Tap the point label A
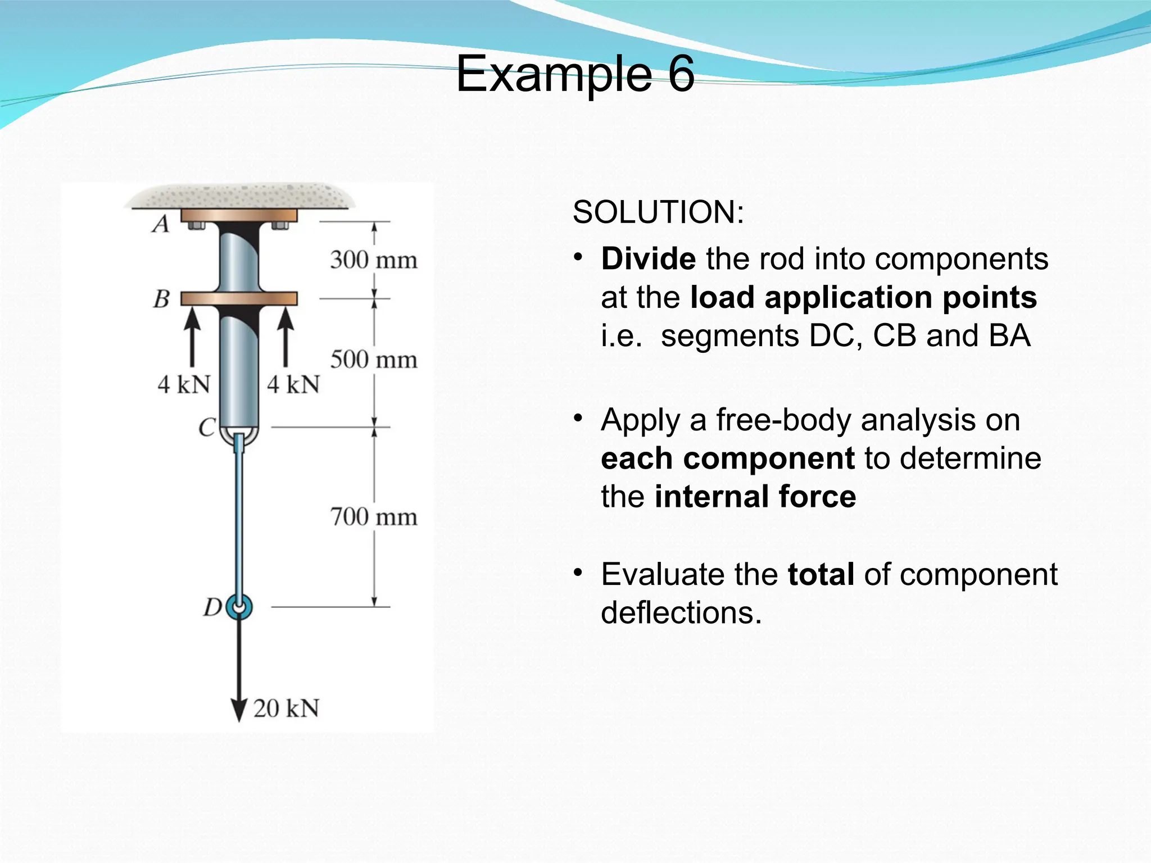coord(161,224)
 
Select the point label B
coord(162,299)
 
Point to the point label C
coord(207,428)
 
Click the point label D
coord(213,607)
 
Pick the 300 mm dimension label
coord(374,260)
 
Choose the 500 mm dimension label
coord(374,360)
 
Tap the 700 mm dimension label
coord(374,517)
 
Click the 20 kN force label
coord(286,708)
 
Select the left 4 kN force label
coord(184,385)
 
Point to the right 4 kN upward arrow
coord(286,337)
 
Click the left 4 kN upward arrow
coord(192,337)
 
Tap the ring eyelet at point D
coord(239,607)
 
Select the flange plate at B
coord(239,298)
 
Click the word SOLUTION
coord(658,212)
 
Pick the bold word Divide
coord(648,259)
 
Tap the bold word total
coord(821,574)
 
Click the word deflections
coord(681,612)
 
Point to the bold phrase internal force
coord(755,497)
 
